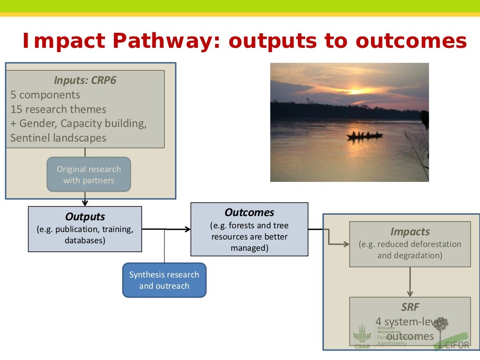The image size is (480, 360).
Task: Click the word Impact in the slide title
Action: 60,42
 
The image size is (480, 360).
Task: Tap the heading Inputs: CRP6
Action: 85,80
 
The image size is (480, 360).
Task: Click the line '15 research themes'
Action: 59,109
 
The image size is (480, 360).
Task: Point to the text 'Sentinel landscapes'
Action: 59,138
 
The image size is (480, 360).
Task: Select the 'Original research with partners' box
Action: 89,175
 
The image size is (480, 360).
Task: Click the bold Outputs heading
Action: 85,217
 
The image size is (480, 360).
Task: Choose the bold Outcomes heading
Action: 249,212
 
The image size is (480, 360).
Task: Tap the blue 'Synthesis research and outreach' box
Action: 164,280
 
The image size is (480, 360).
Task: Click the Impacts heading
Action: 410,232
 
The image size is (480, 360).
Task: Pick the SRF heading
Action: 410,307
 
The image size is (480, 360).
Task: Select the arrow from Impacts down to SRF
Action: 410,281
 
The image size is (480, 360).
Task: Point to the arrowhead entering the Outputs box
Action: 85,203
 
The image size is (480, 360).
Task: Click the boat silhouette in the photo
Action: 365,135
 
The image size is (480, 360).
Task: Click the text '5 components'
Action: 45,95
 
